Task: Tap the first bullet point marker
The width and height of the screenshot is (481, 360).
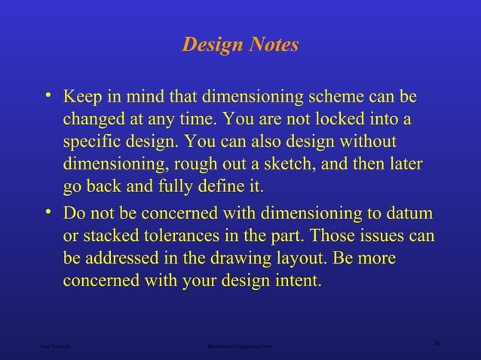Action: coord(48,96)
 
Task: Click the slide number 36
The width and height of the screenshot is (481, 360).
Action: coord(437,343)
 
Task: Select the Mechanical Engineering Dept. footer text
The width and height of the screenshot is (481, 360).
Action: coord(240,347)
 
